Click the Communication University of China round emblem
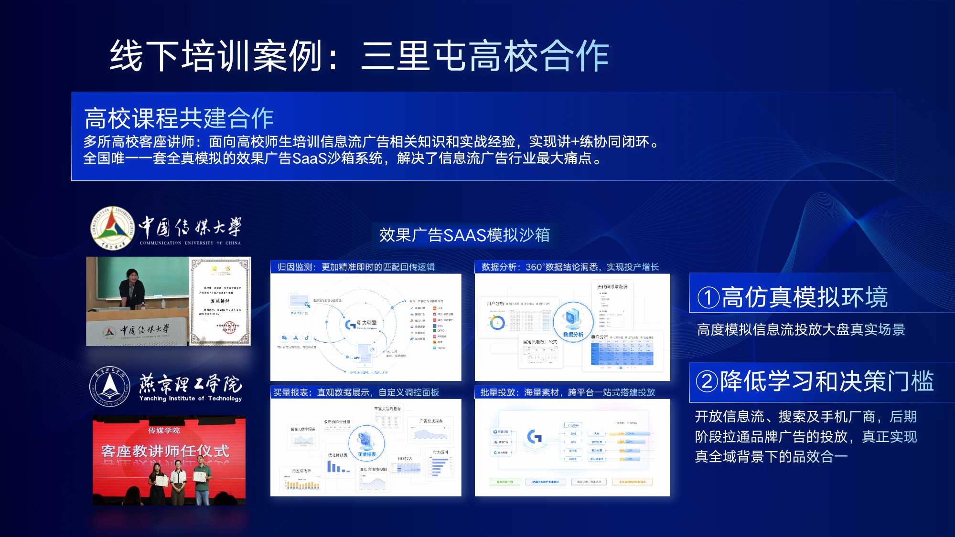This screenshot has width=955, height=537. [113, 228]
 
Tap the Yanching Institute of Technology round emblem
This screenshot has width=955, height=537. [109, 387]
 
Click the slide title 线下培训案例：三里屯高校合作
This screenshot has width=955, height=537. [359, 56]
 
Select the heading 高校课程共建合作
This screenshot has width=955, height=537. [179, 118]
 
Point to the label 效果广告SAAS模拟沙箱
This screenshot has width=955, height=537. [464, 235]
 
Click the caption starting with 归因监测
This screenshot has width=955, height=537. [355, 267]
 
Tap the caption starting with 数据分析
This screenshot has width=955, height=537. [569, 267]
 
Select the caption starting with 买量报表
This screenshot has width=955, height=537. [355, 392]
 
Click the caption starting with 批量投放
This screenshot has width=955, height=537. [567, 392]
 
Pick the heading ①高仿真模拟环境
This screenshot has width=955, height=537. [792, 297]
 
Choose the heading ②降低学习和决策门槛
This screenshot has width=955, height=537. [814, 381]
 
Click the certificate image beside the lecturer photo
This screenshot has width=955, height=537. [220, 302]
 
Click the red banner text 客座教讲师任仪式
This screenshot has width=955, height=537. [165, 451]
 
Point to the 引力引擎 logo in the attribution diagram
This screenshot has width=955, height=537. [361, 324]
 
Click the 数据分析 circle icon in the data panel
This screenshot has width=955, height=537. [573, 320]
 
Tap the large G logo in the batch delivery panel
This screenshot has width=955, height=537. [535, 436]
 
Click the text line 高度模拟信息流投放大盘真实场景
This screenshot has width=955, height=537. [801, 330]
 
